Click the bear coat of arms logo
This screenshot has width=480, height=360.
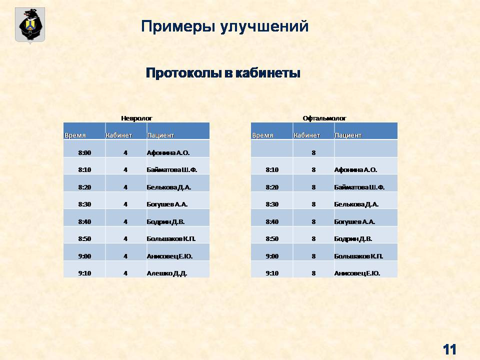(30, 25)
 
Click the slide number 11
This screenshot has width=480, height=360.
(449, 349)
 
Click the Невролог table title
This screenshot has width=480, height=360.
(136, 118)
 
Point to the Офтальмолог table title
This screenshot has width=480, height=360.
(324, 118)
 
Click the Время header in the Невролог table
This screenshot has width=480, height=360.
(75, 135)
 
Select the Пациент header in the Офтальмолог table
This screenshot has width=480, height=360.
(348, 135)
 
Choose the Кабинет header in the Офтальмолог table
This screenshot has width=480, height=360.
(306, 135)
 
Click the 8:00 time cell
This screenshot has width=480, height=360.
(84, 153)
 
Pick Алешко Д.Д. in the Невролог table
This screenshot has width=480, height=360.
(167, 273)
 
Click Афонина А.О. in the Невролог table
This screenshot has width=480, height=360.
(168, 153)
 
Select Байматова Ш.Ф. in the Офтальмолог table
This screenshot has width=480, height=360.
(359, 187)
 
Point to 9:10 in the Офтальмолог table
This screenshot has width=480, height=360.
(272, 273)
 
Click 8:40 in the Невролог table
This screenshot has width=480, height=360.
(84, 222)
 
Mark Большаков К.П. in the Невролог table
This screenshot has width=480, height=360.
(171, 239)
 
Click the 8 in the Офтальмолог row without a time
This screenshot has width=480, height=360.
(313, 153)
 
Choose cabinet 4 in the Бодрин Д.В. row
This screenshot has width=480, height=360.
(125, 222)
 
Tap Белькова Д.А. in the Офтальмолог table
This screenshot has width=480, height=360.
(356, 204)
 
